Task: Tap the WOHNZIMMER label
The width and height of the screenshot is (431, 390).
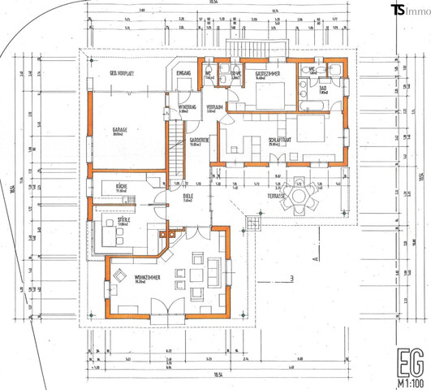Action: coord(130,279)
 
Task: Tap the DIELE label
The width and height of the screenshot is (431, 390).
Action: coord(187,197)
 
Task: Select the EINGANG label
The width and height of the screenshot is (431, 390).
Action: coord(183,73)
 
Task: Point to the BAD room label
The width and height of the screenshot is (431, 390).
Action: coord(322,90)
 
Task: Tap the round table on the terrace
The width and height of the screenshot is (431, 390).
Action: coord(301,196)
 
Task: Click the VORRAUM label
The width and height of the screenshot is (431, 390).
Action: coord(214,106)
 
